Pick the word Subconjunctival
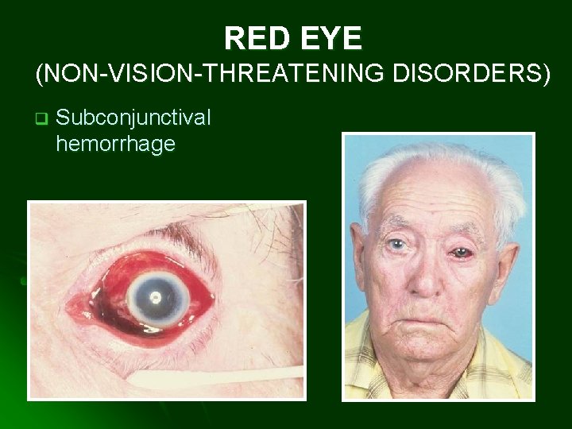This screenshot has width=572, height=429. coord(133,118)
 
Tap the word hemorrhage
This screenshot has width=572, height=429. coord(115,144)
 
